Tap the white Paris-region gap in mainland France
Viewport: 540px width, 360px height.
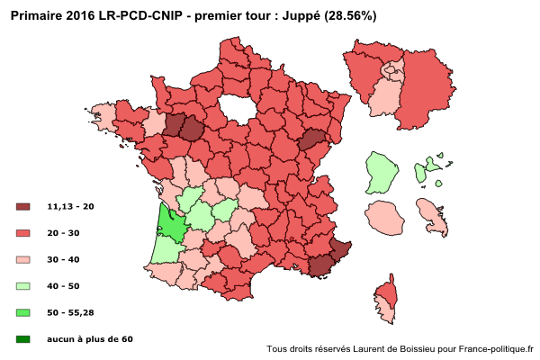236,107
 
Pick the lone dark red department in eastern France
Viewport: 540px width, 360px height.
311,139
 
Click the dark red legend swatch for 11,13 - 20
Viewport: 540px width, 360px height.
23,206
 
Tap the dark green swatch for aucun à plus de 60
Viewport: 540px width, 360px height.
23,339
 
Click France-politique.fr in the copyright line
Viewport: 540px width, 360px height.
496,348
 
